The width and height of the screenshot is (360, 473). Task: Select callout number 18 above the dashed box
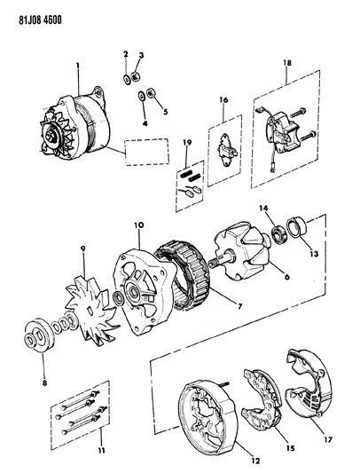(286, 63)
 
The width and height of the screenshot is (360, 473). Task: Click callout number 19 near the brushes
(186, 143)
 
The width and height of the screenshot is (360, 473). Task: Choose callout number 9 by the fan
(82, 251)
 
